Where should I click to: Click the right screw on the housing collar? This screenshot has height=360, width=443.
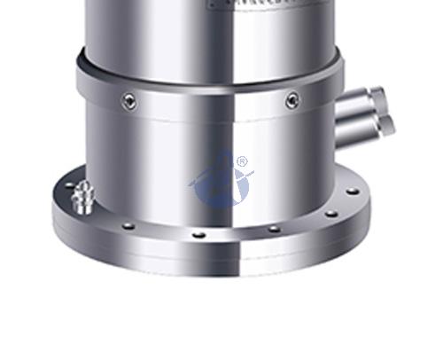[x=292, y=100]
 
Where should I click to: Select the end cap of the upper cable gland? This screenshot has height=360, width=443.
[x=379, y=95]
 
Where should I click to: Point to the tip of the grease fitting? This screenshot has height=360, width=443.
[x=82, y=184]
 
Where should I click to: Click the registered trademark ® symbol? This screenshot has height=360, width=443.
[x=241, y=162]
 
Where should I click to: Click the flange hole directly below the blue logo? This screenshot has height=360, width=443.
[x=199, y=234]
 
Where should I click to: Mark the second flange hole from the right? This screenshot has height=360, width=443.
[x=330, y=213]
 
